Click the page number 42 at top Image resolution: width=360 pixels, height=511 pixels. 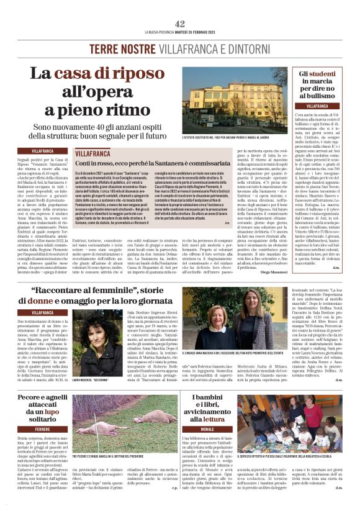pyautogui.click(x=180, y=24)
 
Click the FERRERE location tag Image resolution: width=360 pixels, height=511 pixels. pyautogui.click(x=43, y=428)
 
